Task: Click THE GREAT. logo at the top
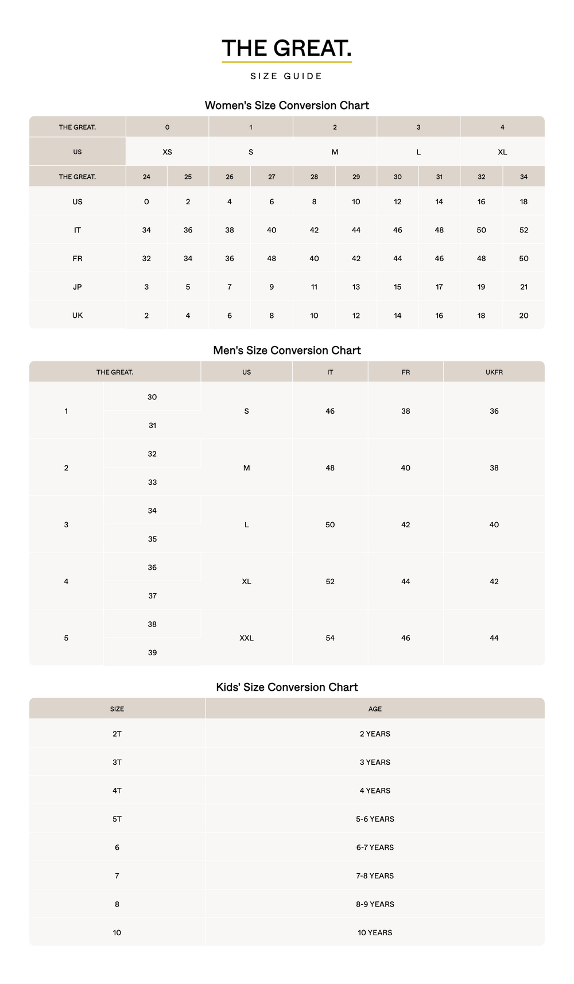click(286, 49)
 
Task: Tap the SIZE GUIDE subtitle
click(286, 76)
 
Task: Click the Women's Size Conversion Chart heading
click(286, 106)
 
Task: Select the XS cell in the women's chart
click(167, 152)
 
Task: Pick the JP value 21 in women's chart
click(523, 287)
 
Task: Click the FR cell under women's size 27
click(272, 259)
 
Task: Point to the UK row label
click(77, 316)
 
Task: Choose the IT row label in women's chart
click(77, 230)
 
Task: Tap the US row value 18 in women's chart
click(523, 202)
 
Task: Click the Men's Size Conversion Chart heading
click(286, 351)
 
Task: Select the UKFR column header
click(494, 372)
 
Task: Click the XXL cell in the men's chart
click(246, 638)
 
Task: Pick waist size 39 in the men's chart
click(152, 653)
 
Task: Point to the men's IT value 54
click(330, 638)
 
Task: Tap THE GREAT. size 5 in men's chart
click(66, 638)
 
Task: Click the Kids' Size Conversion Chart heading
click(286, 687)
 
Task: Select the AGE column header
click(375, 709)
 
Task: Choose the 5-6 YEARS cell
click(375, 819)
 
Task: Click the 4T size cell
click(117, 791)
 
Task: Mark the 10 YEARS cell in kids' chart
click(375, 933)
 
